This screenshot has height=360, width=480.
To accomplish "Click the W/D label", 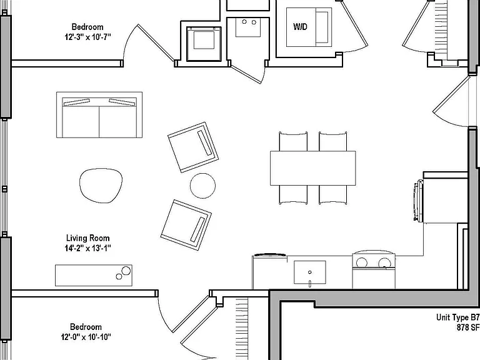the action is point(300,27).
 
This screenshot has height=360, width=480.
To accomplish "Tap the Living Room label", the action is point(88,238).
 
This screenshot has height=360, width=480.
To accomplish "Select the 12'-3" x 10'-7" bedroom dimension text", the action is point(87,37).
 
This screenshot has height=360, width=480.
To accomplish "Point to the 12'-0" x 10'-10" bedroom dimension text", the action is point(86,337).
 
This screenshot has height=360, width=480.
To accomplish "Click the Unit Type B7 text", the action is point(457,317).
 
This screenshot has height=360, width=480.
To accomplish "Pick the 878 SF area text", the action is point(468,327).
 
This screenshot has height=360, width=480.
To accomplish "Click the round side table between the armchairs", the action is point(202,186).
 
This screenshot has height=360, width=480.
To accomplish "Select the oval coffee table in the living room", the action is point(101,186).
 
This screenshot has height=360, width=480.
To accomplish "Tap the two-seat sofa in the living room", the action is point(99,115).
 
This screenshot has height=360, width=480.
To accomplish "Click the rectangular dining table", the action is point(313,168).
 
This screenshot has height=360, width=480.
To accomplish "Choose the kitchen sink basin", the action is point(310,272).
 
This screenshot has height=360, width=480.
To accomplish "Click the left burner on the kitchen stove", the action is point(361,262).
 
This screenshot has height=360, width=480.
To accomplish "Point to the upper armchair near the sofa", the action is point(193,147).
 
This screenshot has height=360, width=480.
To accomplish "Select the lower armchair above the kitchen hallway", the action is point(186,225).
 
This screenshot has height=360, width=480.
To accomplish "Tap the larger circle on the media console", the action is point(126,271).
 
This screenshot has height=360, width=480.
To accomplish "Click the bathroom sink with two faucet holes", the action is point(248,27).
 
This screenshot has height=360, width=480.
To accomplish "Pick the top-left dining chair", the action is point(293,141).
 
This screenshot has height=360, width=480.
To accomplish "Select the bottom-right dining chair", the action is point(333,195).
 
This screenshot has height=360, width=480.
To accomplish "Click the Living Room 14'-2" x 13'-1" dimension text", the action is point(88,248).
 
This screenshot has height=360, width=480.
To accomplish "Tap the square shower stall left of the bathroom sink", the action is point(204,44).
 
